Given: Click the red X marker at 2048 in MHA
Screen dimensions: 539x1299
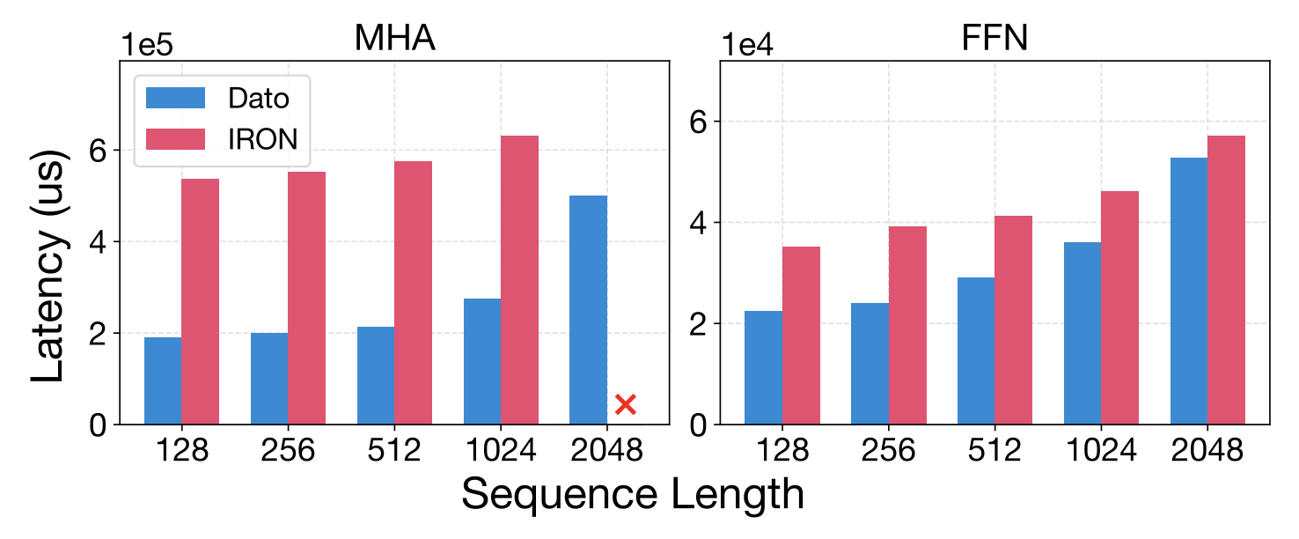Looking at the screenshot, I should point(625,404).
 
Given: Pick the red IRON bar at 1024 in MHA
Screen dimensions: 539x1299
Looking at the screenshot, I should point(519,280).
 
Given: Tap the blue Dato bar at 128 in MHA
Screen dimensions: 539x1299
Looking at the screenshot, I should point(163,380).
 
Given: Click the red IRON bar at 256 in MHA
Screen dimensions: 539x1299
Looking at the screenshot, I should point(306,298).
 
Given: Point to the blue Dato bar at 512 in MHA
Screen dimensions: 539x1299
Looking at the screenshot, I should point(376,375).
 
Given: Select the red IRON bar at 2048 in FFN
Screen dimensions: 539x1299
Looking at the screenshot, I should point(1226,280).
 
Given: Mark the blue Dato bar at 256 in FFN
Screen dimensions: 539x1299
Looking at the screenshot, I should point(870,363).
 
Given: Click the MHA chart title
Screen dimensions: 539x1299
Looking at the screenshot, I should point(394,39).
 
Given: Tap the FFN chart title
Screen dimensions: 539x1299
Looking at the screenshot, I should point(994,39).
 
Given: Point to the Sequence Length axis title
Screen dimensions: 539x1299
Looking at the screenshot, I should point(632,494).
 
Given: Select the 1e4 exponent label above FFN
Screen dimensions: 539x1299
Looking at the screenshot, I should point(748,45).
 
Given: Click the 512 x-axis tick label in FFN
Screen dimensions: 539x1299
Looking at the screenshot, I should point(994,451).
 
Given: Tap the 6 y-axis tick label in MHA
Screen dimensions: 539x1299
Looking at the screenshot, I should point(98,151).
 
